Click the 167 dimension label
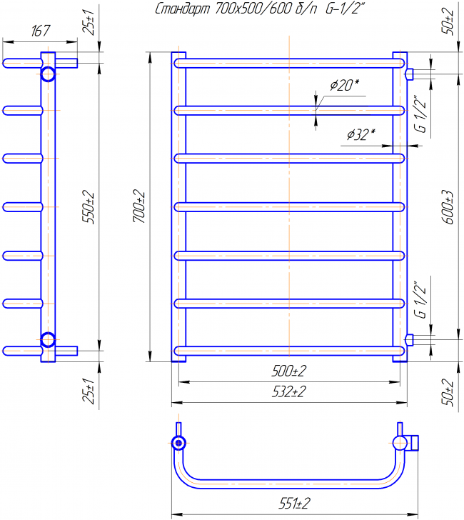point(41,31)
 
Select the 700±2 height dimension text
point(139,206)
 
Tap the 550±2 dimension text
point(89,207)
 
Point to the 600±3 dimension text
point(448,207)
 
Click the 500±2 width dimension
point(289,371)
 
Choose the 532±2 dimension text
point(289,392)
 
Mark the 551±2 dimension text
point(294,504)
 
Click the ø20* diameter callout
point(344,85)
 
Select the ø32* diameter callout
point(361,134)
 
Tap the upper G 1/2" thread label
point(421,114)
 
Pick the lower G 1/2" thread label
point(421,300)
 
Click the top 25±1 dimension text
point(89,22)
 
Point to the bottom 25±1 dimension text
point(89,391)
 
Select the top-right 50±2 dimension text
point(448,21)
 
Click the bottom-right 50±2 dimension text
point(448,393)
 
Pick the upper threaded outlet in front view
point(410,74)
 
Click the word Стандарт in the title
point(183,9)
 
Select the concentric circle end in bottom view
point(178,443)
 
